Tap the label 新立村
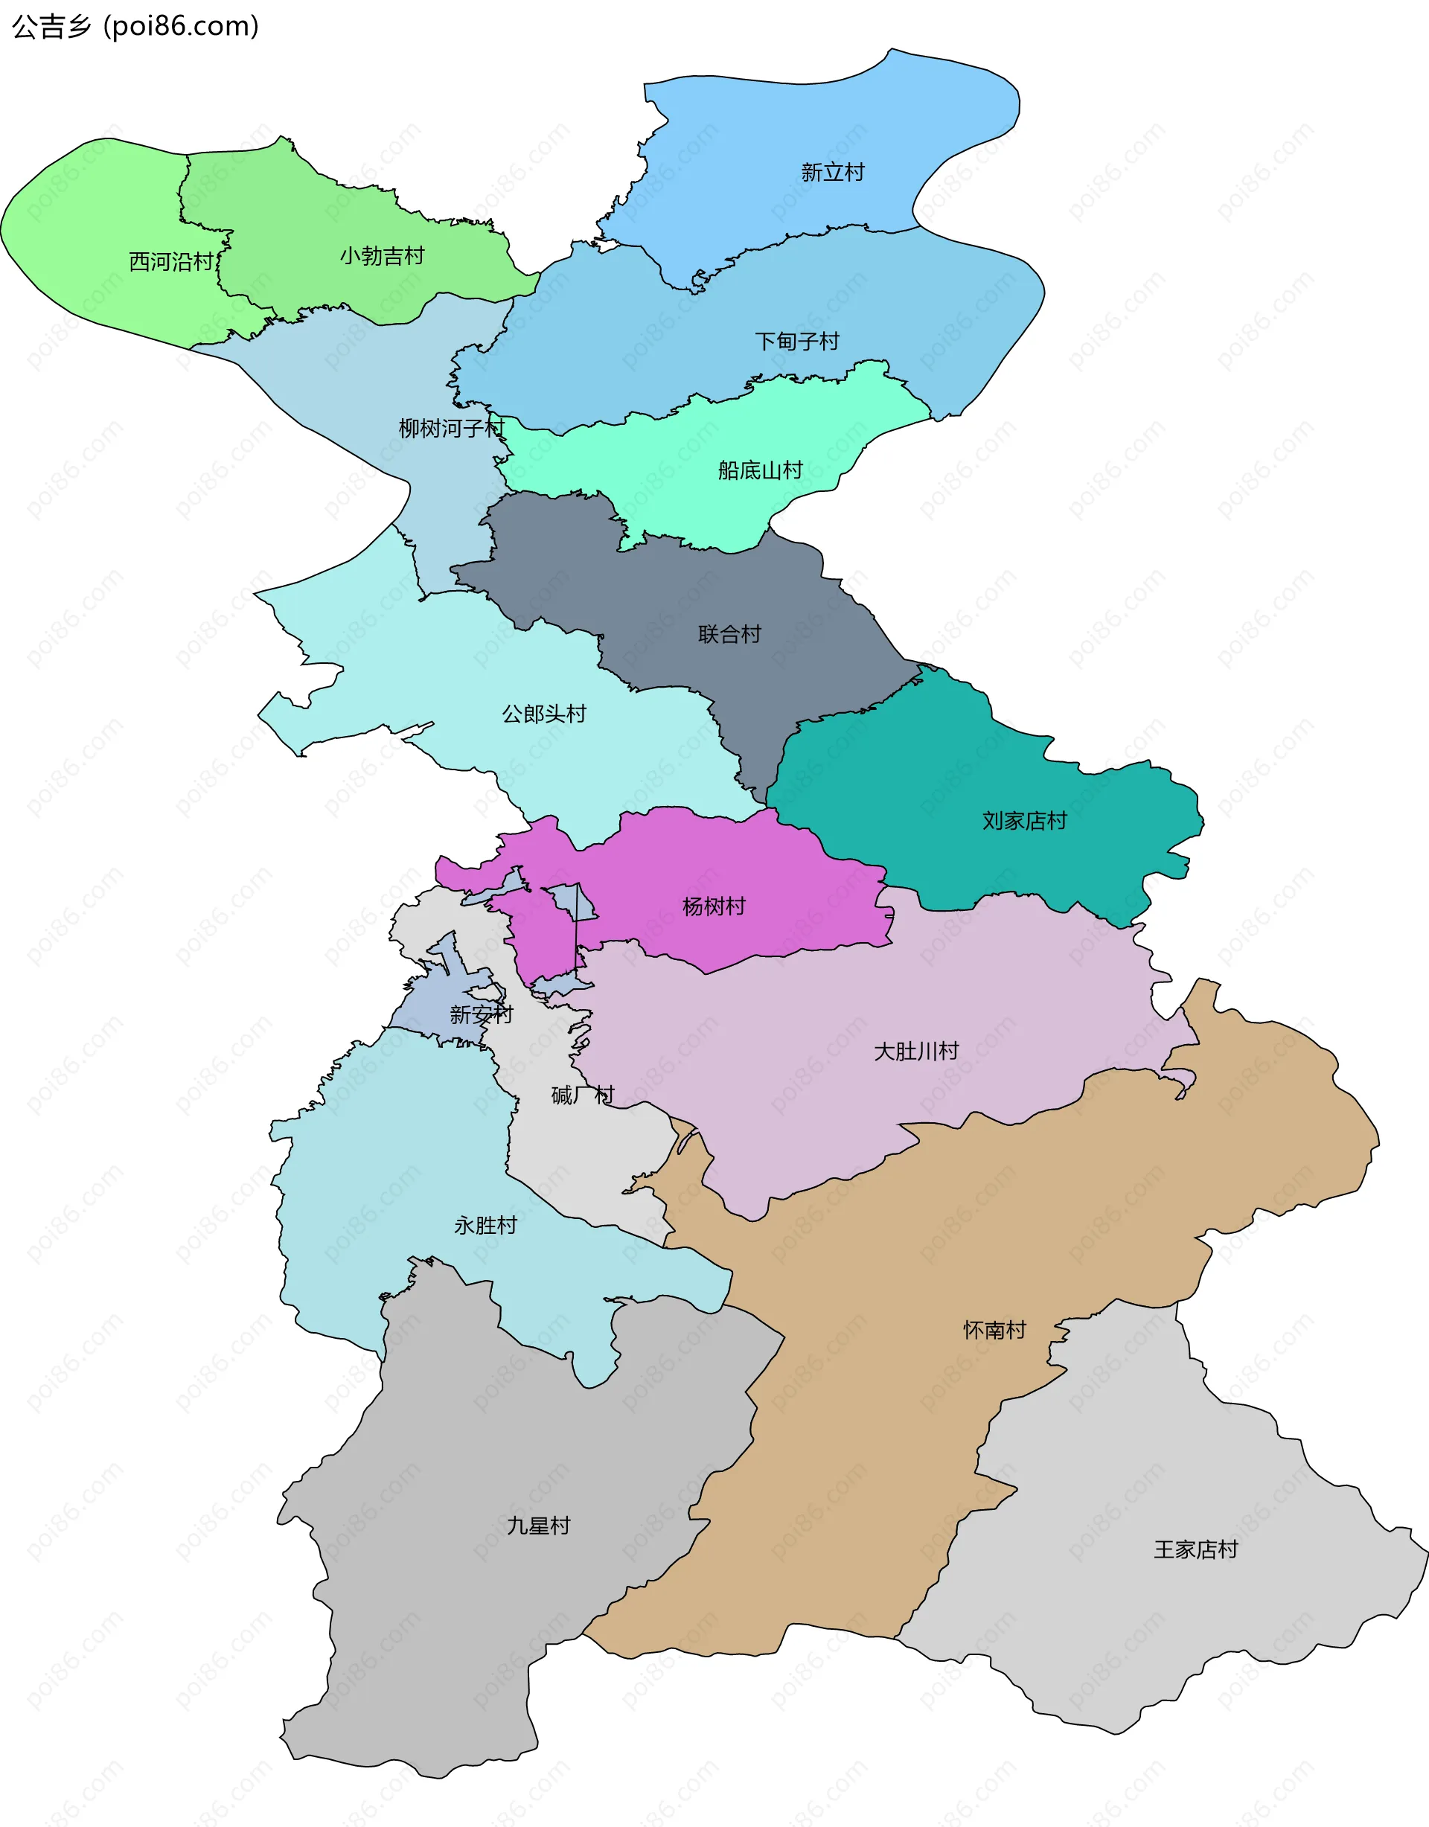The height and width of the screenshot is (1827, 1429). coord(833,173)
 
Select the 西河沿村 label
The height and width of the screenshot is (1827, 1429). coord(171,262)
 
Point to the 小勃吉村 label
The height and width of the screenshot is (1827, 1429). coord(383,256)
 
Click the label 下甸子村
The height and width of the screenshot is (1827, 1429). coord(796,342)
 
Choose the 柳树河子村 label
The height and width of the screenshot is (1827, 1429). coord(452,429)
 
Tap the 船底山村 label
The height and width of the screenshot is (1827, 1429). coord(760,470)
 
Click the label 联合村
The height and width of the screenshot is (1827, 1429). coord(729,634)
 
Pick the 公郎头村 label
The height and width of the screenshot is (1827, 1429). coord(544,714)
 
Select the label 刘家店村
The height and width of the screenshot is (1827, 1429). coord(1024,821)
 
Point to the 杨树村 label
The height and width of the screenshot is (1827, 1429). coord(714,906)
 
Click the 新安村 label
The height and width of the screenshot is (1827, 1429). coord(481,1015)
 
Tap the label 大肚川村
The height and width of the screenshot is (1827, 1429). coord(916,1052)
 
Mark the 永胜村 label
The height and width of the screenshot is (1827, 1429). coord(485,1226)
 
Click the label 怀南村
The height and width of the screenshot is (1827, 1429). coord(994,1330)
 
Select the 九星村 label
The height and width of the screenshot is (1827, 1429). coord(539,1526)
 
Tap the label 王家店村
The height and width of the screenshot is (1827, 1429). coord(1195,1550)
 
